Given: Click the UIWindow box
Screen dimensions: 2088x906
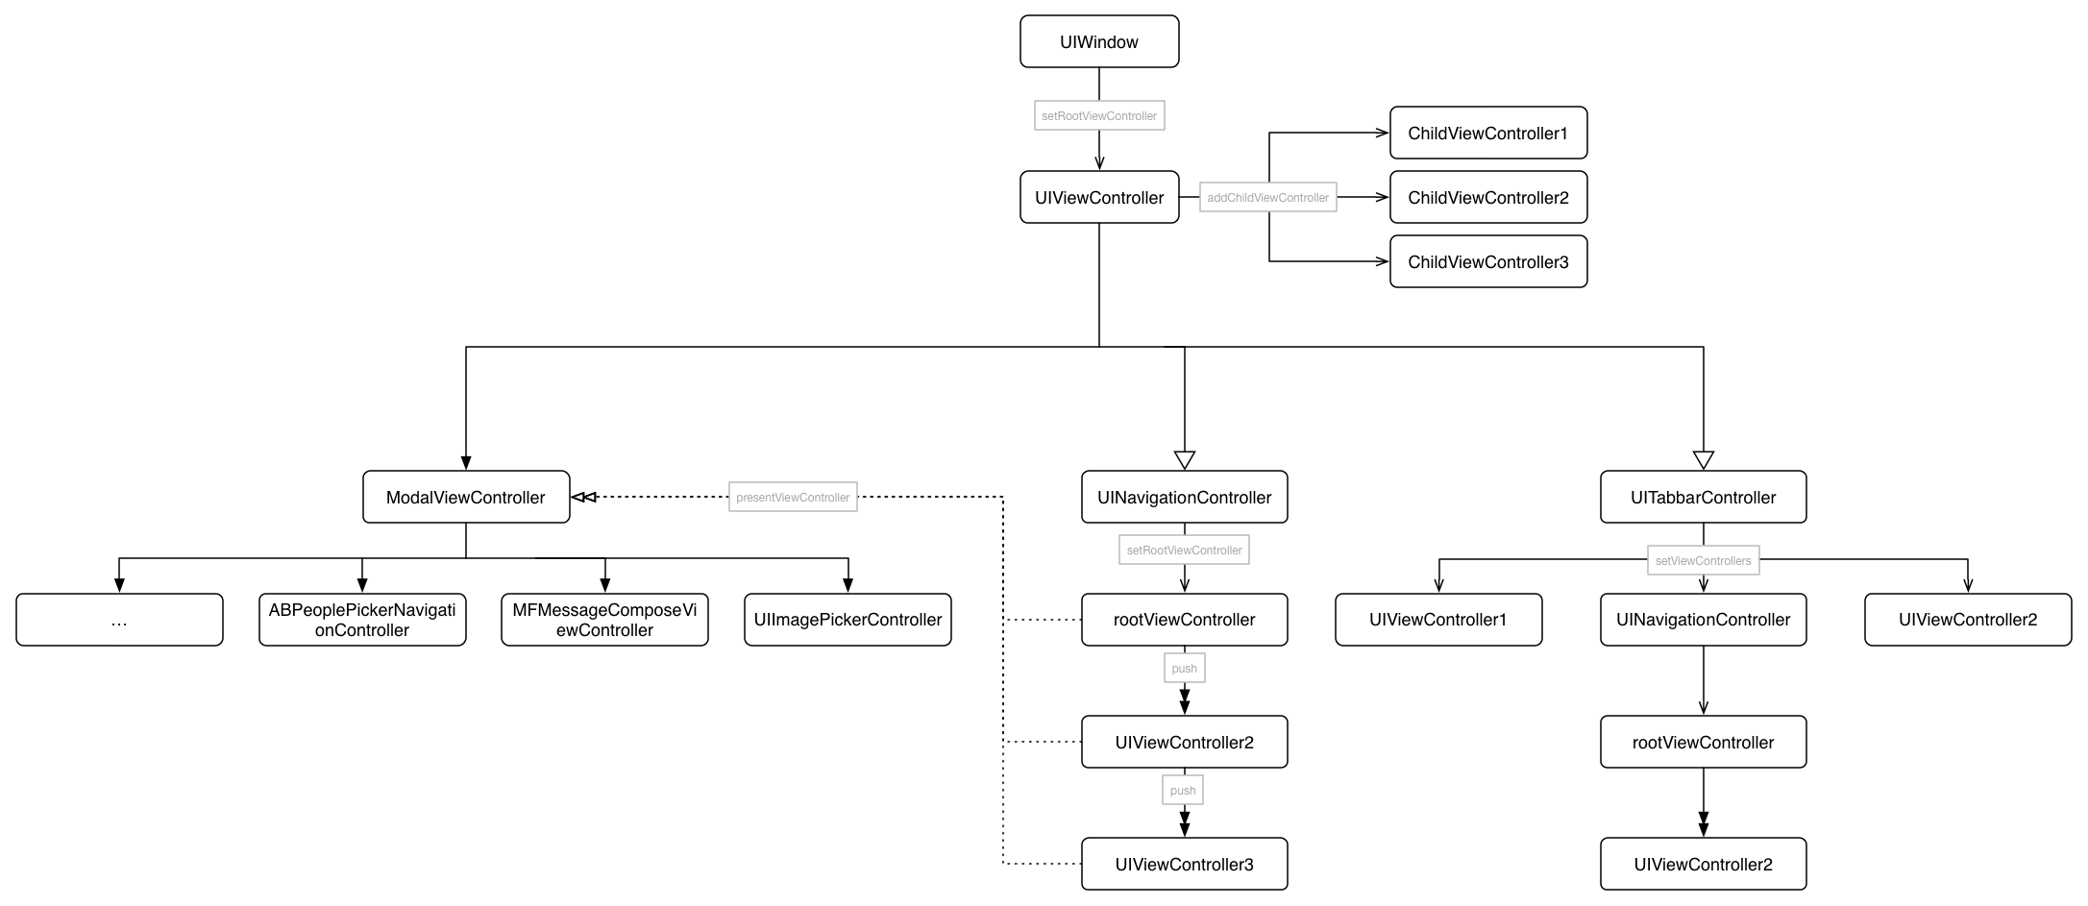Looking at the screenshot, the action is (x=1099, y=41).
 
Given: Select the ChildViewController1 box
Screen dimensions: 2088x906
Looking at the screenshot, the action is (x=1488, y=133).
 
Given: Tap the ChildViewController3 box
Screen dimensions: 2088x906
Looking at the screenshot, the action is (x=1488, y=261).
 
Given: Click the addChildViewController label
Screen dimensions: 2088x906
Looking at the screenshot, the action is (x=1268, y=197).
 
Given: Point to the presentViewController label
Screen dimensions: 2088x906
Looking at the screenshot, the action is (x=793, y=497).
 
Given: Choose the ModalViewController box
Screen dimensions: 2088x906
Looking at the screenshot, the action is (x=466, y=497).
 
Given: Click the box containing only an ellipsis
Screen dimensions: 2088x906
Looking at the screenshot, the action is (x=119, y=620).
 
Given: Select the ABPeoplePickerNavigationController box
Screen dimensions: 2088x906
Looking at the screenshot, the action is (x=362, y=620).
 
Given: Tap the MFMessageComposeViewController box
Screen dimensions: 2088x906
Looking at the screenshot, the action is (x=604, y=620).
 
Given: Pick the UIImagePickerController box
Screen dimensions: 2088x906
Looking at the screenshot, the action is (x=847, y=620).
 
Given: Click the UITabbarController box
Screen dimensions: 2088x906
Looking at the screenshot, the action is (x=1704, y=497).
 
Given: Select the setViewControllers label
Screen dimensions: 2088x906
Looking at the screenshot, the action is (x=1704, y=560).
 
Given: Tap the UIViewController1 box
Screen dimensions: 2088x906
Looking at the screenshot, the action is (x=1438, y=620).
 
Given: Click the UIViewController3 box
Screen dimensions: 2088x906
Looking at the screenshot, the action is (x=1185, y=864).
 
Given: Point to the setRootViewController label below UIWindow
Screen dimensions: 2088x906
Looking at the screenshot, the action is (x=1099, y=115).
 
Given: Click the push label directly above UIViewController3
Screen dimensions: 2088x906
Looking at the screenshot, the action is (x=1183, y=790).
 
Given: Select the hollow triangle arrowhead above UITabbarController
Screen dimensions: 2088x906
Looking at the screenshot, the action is (x=1704, y=460).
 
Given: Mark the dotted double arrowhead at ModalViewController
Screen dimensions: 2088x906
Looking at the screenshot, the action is (x=584, y=497).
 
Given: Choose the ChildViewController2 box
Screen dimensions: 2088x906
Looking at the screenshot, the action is (x=1488, y=197).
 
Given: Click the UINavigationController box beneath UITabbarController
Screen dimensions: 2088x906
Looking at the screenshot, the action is (x=1704, y=620).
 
